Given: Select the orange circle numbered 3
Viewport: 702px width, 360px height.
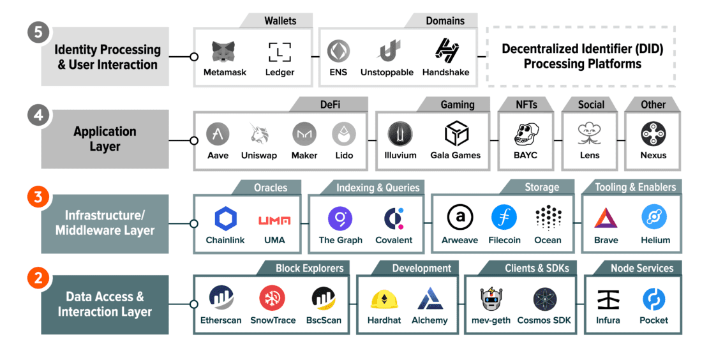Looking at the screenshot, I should coord(38,197).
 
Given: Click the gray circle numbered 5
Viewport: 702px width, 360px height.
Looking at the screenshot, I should coord(38,33).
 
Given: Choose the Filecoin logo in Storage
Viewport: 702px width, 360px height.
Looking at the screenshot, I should coord(504,218).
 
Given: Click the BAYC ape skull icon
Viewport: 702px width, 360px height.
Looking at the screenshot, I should coord(525,135).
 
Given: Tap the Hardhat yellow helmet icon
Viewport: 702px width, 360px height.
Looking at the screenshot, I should coord(384,299).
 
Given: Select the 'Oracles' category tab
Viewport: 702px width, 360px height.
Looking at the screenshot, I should coord(270,188).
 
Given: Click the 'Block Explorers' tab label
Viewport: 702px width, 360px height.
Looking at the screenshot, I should coord(309,268).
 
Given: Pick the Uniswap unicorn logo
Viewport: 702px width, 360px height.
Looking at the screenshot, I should coord(258,134).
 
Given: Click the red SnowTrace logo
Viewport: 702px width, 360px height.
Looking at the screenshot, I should coord(272,299).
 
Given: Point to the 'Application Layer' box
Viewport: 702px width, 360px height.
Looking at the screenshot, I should coord(105,139).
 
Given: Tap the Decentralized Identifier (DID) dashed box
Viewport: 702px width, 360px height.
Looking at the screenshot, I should coord(581,57).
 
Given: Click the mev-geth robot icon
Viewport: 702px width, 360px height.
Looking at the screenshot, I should coord(492,299).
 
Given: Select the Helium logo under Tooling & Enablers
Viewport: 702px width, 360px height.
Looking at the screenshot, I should coord(655,218).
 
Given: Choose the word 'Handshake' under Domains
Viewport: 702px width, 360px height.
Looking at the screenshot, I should coord(445,73).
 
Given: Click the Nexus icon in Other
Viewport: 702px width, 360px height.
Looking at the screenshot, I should coord(653,134).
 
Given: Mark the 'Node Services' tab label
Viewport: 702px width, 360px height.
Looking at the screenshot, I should coord(641,268).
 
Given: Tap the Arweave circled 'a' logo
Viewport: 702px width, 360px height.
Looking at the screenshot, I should coord(459,218).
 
